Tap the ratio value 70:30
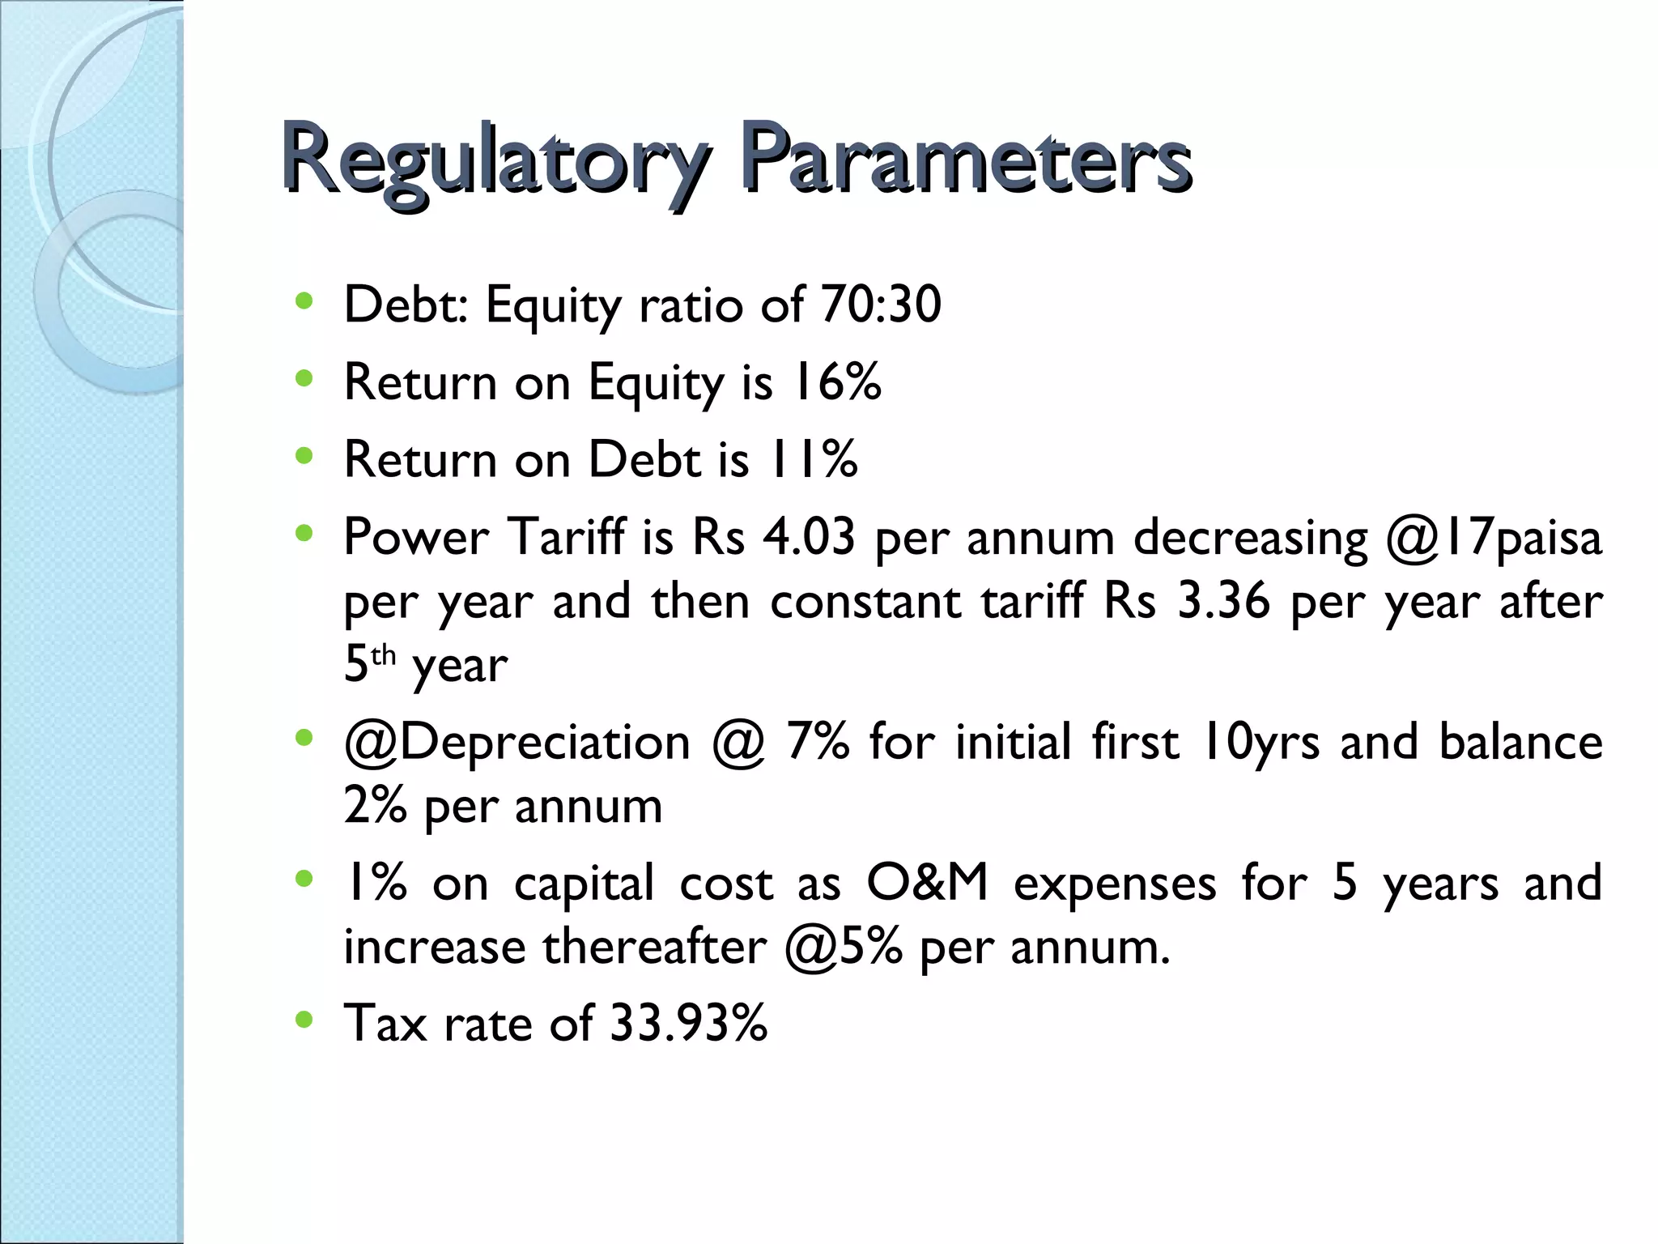tap(880, 305)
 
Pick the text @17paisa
tap(1493, 538)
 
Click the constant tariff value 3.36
tap(1222, 602)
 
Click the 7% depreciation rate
tap(818, 741)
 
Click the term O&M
tap(927, 882)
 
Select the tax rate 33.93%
tap(688, 1023)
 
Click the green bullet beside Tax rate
tap(304, 1020)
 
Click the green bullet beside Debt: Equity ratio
tap(304, 302)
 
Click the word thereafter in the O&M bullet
tap(653, 946)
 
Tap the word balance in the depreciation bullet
tap(1520, 741)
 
